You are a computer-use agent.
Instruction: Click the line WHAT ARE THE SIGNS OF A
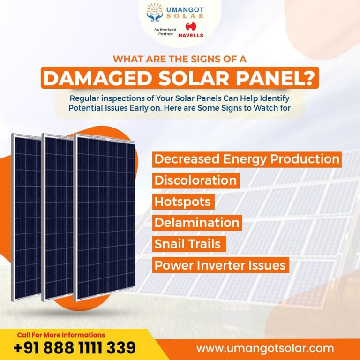point(180,60)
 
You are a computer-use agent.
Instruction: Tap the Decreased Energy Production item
point(247,159)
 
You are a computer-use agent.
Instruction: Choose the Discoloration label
point(195,180)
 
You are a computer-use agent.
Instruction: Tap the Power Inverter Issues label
point(220,265)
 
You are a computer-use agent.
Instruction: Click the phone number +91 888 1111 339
point(75,348)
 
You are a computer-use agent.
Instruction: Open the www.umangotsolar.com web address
point(265,348)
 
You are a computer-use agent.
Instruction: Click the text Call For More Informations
point(61,335)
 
